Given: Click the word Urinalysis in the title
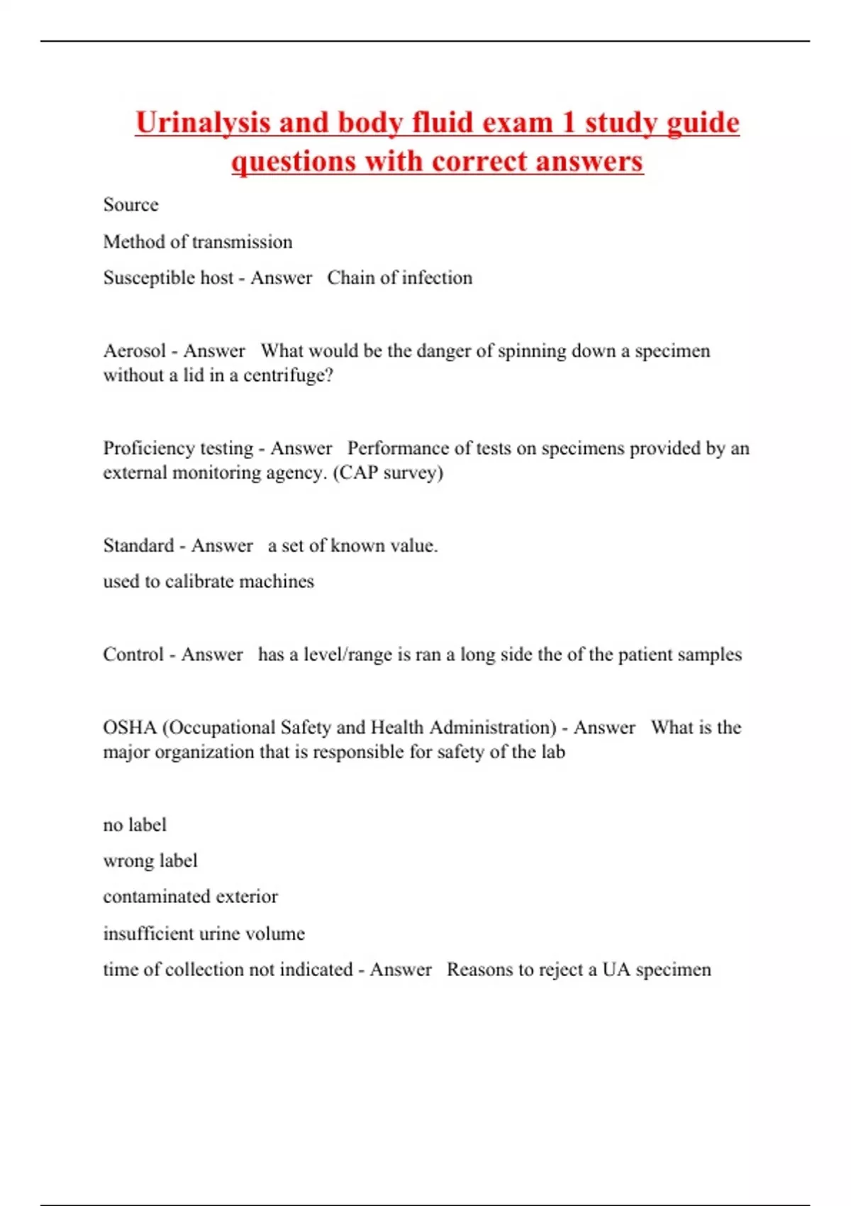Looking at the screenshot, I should (203, 123).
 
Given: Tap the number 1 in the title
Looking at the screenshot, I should (568, 123).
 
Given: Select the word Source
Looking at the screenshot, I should (130, 205).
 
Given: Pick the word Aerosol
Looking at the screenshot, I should (134, 351).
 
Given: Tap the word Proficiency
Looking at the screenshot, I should (142, 448).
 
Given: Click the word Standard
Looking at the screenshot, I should (138, 546).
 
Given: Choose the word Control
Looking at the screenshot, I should (133, 654).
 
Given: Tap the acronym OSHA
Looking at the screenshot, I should (129, 728).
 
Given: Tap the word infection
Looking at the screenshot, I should (437, 278).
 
